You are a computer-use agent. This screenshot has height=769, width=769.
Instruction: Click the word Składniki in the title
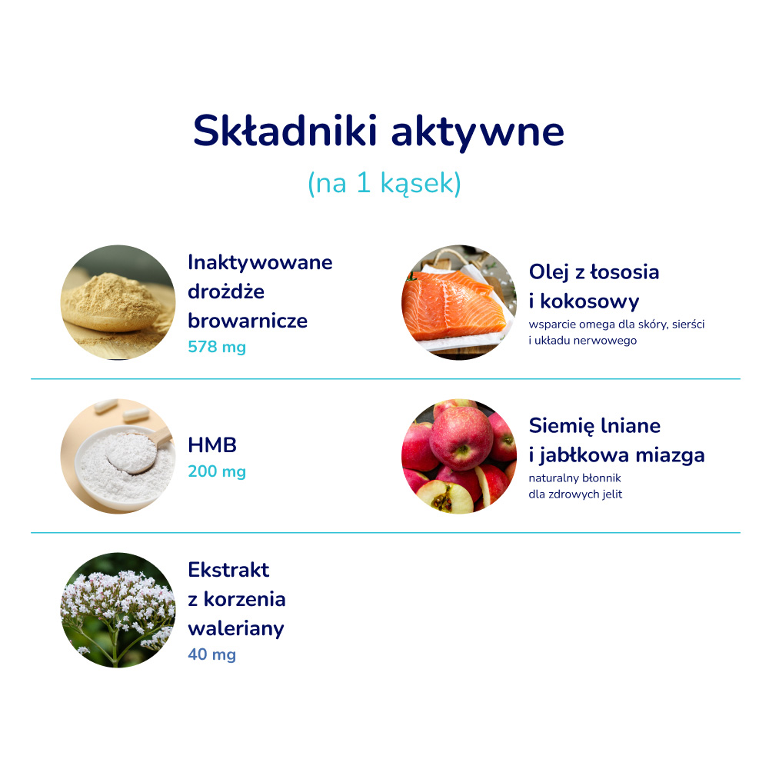click(x=285, y=131)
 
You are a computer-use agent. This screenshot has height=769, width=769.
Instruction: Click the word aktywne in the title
click(x=478, y=132)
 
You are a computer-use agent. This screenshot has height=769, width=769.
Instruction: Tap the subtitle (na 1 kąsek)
click(x=384, y=184)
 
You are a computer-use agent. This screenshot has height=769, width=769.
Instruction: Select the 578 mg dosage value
click(x=217, y=347)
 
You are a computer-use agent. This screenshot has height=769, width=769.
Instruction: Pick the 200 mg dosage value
click(x=217, y=471)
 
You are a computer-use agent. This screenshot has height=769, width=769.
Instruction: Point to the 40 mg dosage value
click(x=212, y=654)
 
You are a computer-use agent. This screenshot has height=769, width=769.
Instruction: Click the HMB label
click(x=212, y=444)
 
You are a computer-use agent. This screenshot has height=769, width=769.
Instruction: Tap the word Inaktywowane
click(x=260, y=263)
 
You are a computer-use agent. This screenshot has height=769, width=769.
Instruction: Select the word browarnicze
click(x=248, y=321)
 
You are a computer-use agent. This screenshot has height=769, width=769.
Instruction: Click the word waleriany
click(x=236, y=628)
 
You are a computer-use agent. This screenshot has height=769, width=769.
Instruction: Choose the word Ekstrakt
click(x=228, y=570)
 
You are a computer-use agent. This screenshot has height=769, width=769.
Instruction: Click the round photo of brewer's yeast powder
click(x=118, y=302)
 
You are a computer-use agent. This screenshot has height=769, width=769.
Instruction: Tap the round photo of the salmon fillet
click(x=459, y=302)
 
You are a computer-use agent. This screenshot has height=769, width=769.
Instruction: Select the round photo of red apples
click(x=459, y=456)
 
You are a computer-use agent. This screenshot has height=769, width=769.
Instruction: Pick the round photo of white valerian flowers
click(x=118, y=610)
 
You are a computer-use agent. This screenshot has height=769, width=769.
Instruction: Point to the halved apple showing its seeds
click(x=444, y=496)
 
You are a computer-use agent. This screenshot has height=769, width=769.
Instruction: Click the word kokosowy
click(x=590, y=301)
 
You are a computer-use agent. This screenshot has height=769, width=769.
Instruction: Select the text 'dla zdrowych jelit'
click(x=575, y=494)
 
